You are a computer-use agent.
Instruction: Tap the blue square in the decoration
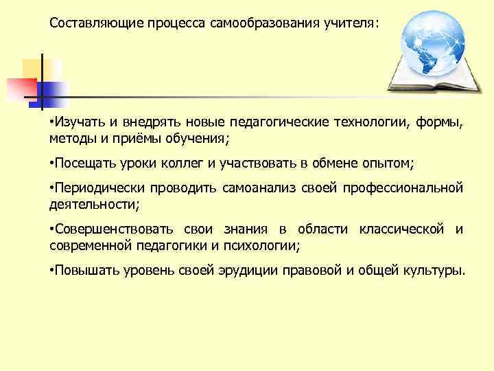(x=53, y=93)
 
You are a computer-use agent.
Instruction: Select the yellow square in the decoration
(x=38, y=69)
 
